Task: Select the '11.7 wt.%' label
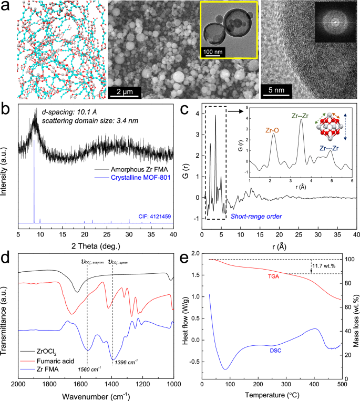(x=325, y=266)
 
